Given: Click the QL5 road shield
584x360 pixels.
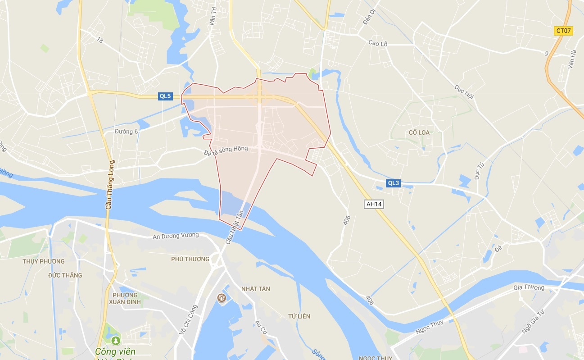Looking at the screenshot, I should (x=165, y=96).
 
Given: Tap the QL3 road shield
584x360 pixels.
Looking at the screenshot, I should (x=393, y=183).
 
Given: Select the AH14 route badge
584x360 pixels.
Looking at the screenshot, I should (x=374, y=204).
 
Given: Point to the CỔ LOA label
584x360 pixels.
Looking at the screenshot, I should (x=419, y=132).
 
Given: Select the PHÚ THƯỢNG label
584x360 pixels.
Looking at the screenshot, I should (x=190, y=259).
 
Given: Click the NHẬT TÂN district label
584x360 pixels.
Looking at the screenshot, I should (x=255, y=289).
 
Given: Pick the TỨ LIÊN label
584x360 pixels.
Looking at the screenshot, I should (x=299, y=316).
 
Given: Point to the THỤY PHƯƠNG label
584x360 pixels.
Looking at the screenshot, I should (x=44, y=261).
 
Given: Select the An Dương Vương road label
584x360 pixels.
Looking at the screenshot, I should (x=176, y=236).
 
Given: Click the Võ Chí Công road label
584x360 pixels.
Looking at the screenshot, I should (x=189, y=319).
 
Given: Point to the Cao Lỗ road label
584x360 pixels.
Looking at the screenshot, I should (x=378, y=44).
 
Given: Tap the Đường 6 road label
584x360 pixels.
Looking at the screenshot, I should (x=126, y=132).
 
